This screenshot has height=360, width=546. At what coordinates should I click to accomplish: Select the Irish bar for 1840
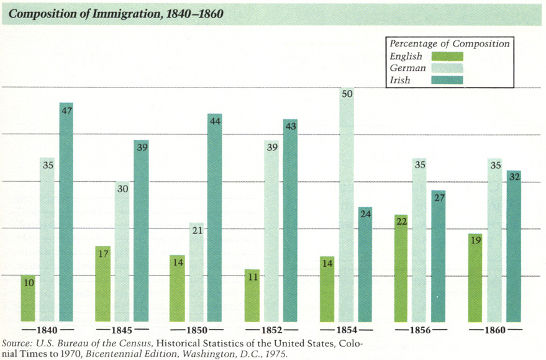(66, 211)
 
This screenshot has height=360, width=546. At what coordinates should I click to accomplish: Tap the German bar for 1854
(347, 205)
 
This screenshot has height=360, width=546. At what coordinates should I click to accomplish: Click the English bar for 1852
(252, 295)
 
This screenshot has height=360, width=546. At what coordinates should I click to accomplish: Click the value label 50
(347, 94)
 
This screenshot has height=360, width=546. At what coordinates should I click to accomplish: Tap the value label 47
(66, 109)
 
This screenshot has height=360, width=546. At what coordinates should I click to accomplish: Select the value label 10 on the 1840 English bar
(28, 282)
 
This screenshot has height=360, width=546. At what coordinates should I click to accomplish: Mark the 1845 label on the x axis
(121, 330)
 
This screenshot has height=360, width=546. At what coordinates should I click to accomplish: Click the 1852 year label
(271, 330)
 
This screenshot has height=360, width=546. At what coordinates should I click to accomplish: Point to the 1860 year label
(496, 330)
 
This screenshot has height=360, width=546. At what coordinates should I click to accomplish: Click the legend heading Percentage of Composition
(449, 44)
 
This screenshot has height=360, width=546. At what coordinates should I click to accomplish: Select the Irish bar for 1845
(140, 230)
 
